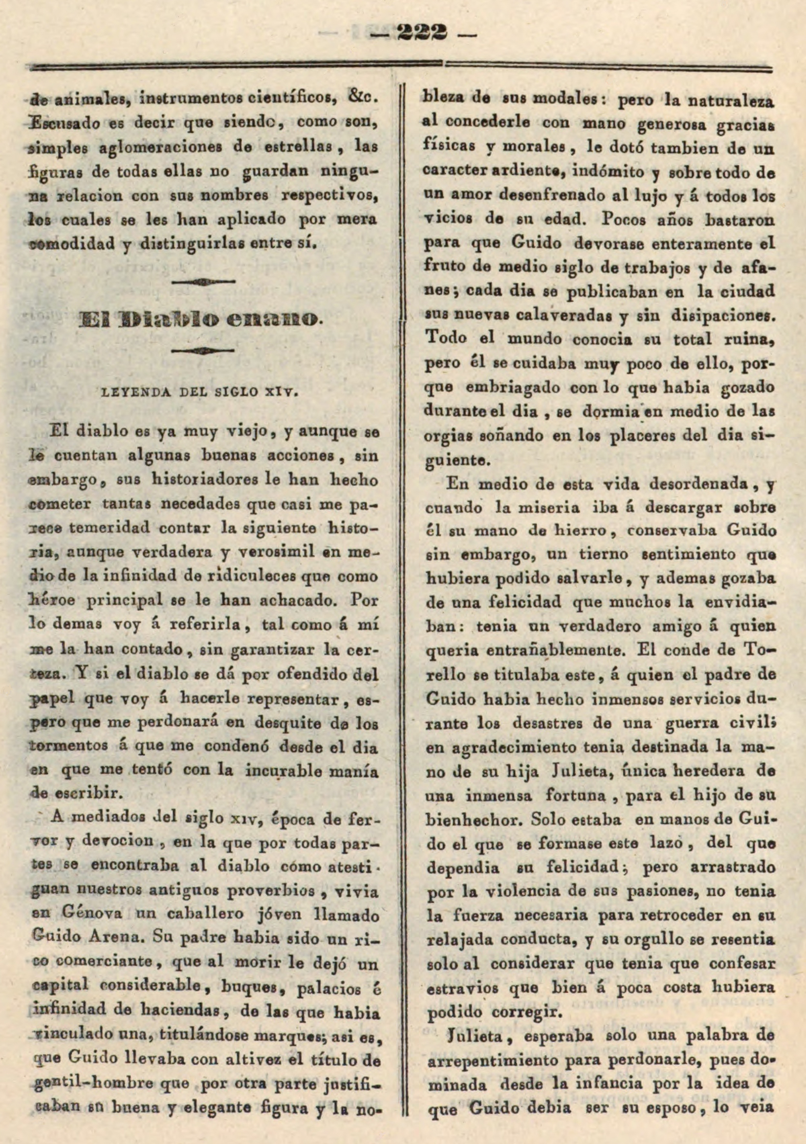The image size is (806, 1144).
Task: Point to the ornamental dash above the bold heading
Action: tap(203, 282)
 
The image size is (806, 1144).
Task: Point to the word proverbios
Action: tap(271, 889)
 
